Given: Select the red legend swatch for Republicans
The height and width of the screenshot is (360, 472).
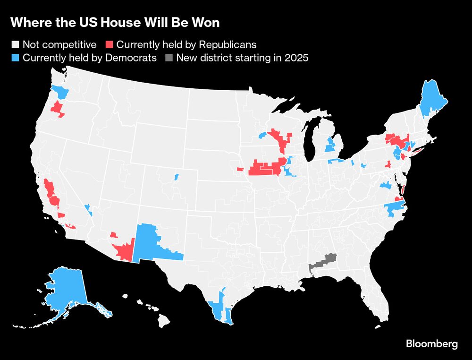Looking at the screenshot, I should pyautogui.click(x=109, y=45).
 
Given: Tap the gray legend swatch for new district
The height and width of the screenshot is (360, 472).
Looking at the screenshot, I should pyautogui.click(x=169, y=59).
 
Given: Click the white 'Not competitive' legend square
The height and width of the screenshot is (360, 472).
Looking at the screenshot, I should pyautogui.click(x=15, y=45).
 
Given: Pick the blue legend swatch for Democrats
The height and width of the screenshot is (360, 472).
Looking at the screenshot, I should pyautogui.click(x=15, y=59).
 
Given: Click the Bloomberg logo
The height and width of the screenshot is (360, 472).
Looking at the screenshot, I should pyautogui.click(x=431, y=344).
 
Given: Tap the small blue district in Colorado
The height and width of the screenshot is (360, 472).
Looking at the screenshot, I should pyautogui.click(x=176, y=177).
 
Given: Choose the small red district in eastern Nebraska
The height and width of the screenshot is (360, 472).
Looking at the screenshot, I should pyautogui.click(x=240, y=169).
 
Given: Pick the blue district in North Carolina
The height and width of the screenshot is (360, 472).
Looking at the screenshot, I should pyautogui.click(x=395, y=208).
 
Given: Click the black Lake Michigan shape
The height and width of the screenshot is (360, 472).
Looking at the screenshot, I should pyautogui.click(x=310, y=142).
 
